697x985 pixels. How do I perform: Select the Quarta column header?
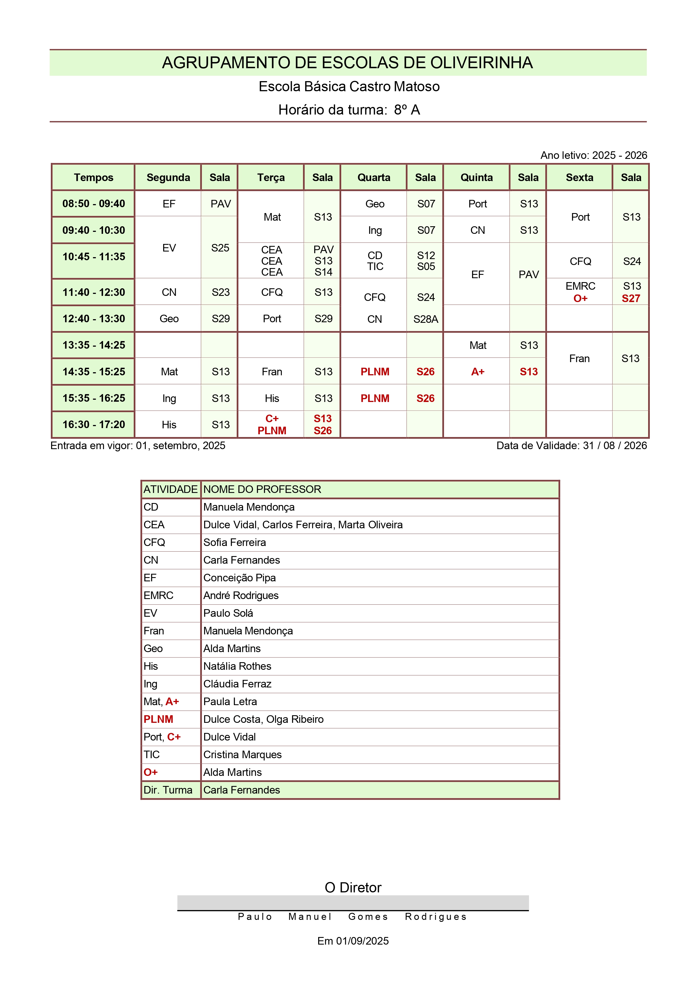coord(374,178)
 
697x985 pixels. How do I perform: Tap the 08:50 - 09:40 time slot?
coord(94,204)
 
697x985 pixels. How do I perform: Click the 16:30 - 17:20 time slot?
coord(94,425)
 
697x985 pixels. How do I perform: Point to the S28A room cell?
coord(426,319)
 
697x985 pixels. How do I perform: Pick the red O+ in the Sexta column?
coord(580,299)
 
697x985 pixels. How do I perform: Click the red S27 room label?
coord(631,299)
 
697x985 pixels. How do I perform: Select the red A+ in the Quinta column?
coord(478,372)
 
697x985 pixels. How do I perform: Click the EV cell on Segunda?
coord(169,248)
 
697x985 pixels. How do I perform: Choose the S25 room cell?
coord(220,248)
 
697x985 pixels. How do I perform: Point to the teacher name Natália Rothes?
coord(237,666)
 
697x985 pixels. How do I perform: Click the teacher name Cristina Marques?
coord(243,755)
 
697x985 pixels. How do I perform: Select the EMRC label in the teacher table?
coord(158,595)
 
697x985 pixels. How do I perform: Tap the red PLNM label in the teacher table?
coord(158,719)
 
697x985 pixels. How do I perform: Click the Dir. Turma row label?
coord(168,790)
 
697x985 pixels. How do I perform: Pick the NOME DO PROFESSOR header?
coord(262,490)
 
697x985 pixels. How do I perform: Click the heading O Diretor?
coord(353,888)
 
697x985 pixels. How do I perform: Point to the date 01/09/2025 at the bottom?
coord(362,941)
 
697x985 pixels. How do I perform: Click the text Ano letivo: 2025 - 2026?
coord(594,155)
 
